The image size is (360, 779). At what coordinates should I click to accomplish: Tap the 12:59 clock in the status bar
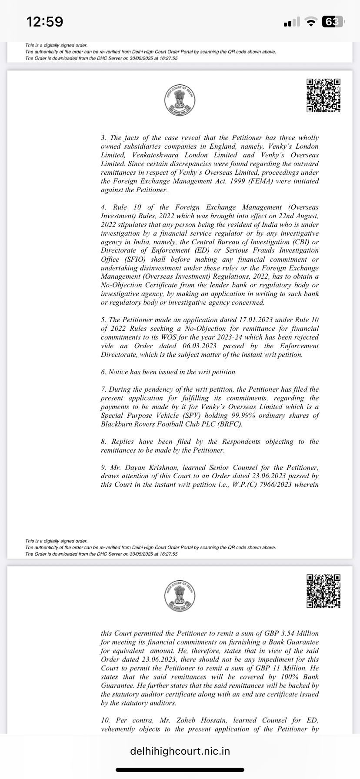45,21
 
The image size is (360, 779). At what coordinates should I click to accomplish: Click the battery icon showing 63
333,21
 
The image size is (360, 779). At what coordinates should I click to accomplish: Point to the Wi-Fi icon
310,22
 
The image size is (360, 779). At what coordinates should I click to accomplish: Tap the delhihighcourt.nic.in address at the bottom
180,751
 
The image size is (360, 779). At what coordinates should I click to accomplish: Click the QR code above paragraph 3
323,95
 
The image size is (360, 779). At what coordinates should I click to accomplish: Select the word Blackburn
117,424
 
